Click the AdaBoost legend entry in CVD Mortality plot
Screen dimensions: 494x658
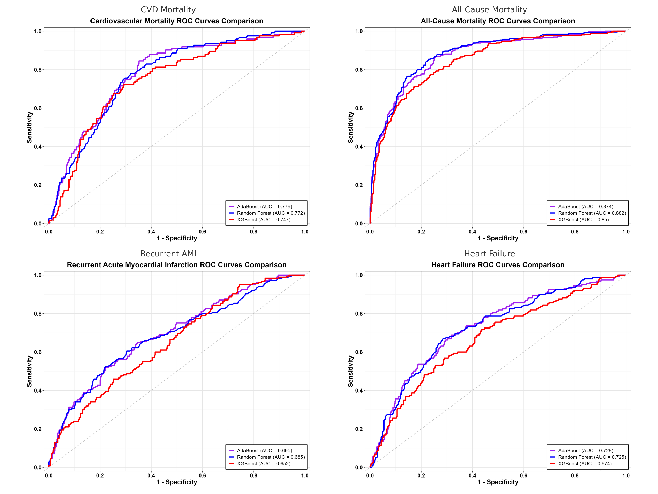pos(264,207)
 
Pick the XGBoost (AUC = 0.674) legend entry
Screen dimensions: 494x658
pos(585,464)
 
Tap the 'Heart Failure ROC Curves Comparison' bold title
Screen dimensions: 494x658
pos(498,265)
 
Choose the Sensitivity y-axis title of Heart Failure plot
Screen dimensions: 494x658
pos(351,371)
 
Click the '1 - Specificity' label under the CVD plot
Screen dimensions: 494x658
pos(177,238)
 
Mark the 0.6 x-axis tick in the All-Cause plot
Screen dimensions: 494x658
pos(524,232)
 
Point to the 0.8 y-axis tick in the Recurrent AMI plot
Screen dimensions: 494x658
pos(38,313)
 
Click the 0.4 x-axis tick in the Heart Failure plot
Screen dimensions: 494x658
pos(472,475)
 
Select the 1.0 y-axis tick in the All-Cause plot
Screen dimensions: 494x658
pos(359,31)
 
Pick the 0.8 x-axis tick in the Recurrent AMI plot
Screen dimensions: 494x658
pos(254,475)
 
